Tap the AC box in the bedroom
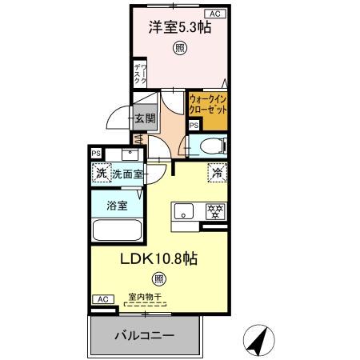215,14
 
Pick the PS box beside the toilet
194,125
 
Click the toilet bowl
212,146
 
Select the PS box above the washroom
96,153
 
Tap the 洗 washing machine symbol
101,173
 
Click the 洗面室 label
126,173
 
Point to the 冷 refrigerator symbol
215,171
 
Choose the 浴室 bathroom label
117,206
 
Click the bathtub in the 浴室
117,230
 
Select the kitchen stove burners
214,212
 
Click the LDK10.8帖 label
159,258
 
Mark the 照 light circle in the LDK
159,279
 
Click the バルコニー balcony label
143,335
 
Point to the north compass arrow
256,339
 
